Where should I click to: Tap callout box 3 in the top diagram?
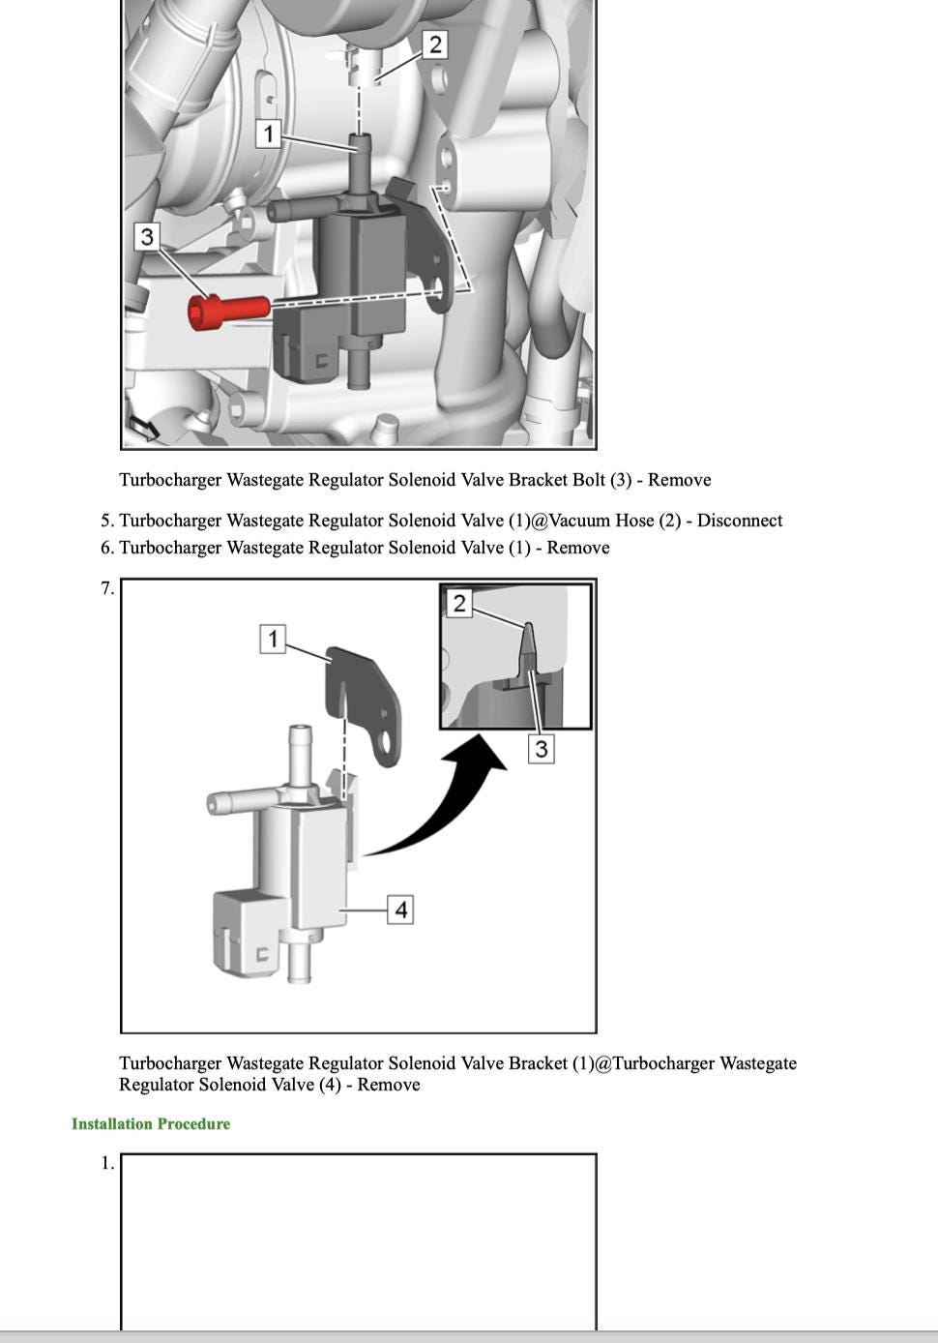(146, 236)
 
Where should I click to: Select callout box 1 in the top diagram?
(269, 133)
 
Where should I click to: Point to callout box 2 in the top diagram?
(435, 45)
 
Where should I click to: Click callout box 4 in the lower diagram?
(400, 910)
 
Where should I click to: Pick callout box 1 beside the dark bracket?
(274, 639)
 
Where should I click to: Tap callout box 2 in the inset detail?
(459, 604)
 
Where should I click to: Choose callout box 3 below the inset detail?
(541, 748)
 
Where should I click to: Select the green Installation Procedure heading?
(151, 1123)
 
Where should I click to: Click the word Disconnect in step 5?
(740, 521)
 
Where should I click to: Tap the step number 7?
(107, 588)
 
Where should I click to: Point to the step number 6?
(107, 548)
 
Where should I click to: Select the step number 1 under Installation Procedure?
(107, 1163)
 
